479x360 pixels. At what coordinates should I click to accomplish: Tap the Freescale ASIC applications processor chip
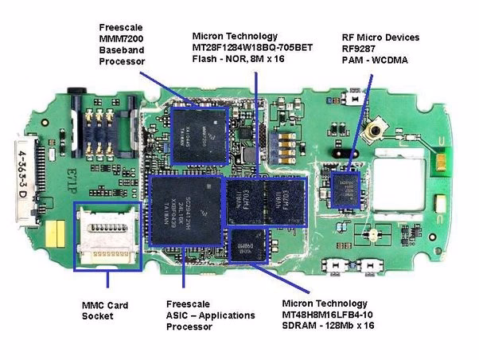(x=185, y=215)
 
